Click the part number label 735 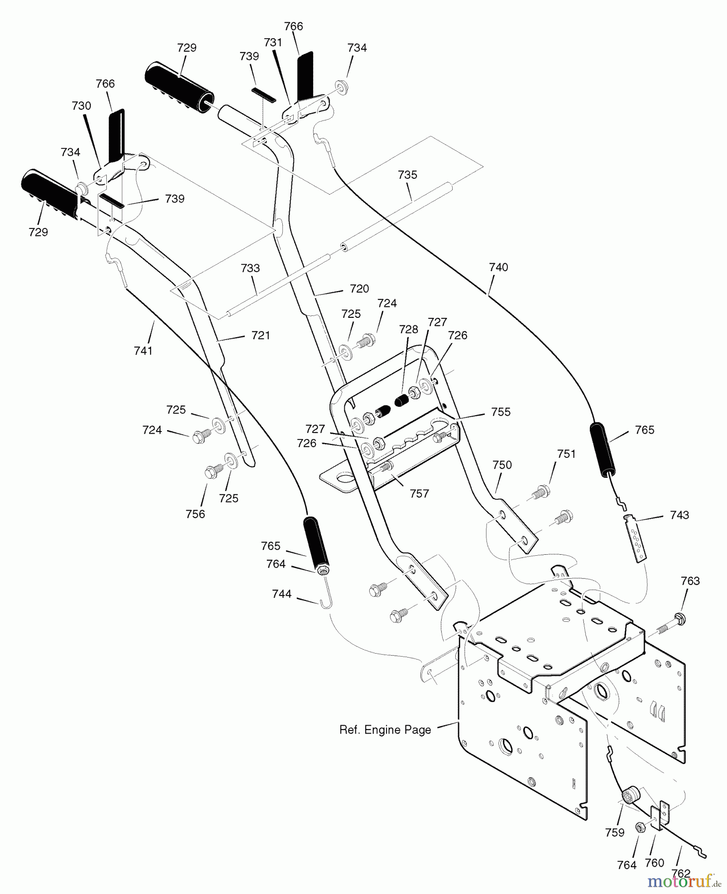pyautogui.click(x=407, y=175)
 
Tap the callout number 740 pyautogui.click(x=498, y=267)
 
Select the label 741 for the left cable pyautogui.click(x=143, y=351)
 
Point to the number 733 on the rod pyautogui.click(x=250, y=268)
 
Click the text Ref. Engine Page pyautogui.click(x=385, y=730)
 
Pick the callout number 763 pyautogui.click(x=690, y=581)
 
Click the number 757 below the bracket pyautogui.click(x=419, y=494)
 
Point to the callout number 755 pyautogui.click(x=500, y=412)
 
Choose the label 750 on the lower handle pyautogui.click(x=502, y=465)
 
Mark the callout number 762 pyautogui.click(x=681, y=874)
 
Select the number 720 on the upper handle pyautogui.click(x=359, y=289)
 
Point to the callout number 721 pyautogui.click(x=260, y=335)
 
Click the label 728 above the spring pyautogui.click(x=408, y=329)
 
